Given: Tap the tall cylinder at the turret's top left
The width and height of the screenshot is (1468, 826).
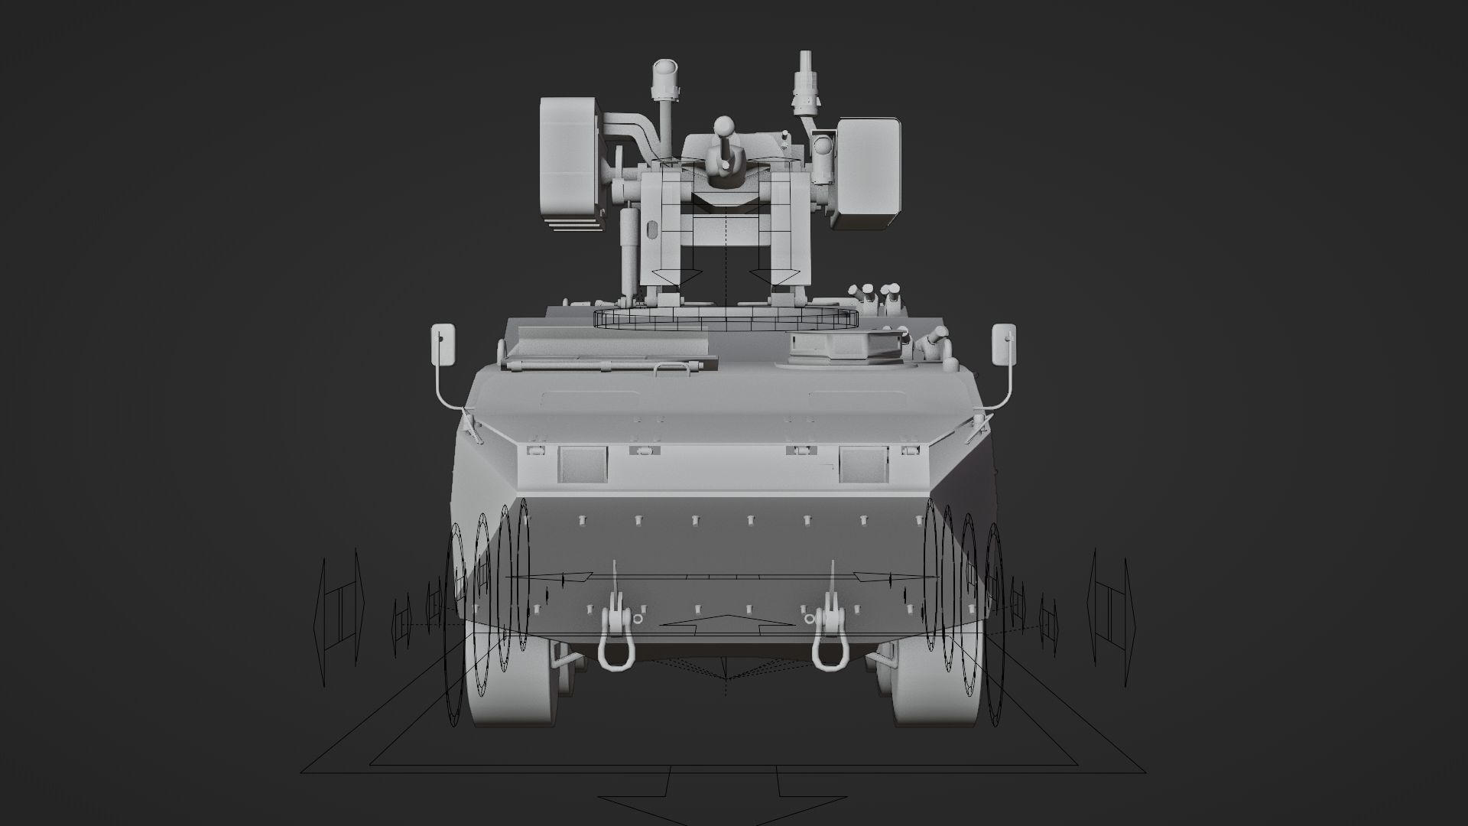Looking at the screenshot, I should [x=664, y=80].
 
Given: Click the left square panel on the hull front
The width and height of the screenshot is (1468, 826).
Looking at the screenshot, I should [x=582, y=464].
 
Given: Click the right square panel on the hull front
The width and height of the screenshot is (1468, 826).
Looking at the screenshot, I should [x=862, y=464].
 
